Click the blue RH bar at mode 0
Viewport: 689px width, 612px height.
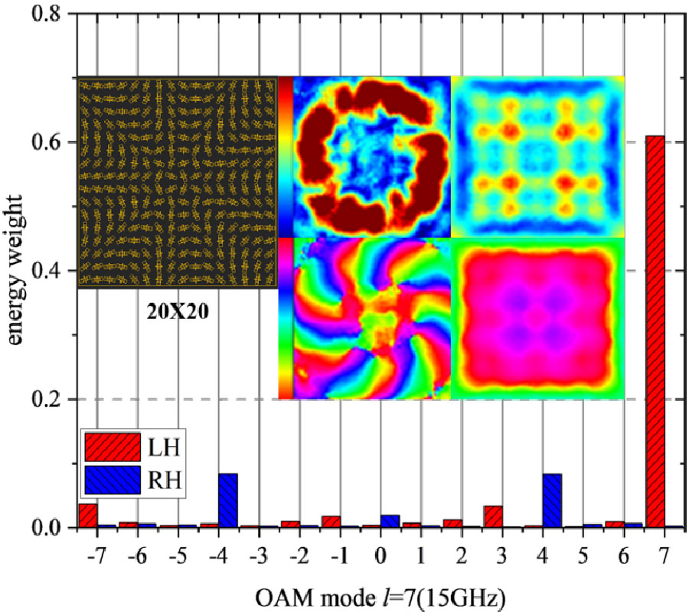(390, 521)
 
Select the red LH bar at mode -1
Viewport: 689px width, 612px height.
(331, 521)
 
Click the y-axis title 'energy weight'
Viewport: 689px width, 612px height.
(17, 272)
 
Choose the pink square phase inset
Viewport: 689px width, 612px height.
(537, 317)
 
